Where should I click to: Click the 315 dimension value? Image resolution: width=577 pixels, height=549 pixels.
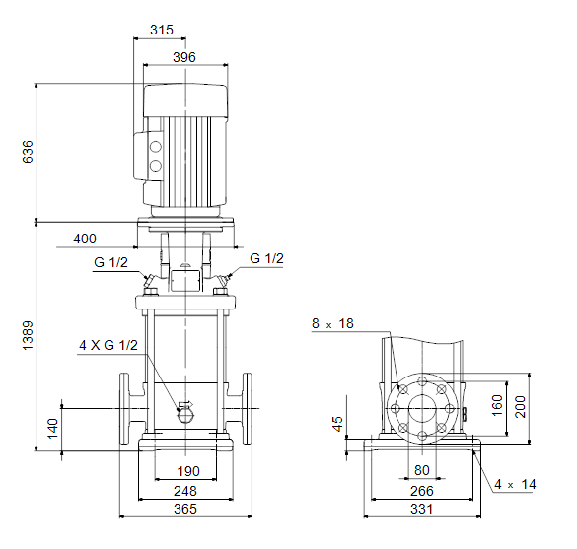tap(162, 30)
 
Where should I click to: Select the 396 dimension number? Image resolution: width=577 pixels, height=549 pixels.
tap(184, 57)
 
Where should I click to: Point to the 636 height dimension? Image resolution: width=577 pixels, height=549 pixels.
tap(28, 151)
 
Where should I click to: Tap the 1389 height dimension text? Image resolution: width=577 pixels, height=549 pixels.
tap(28, 335)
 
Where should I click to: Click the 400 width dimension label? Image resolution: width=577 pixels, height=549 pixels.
tap(85, 239)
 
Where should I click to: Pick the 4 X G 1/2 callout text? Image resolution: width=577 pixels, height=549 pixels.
tap(108, 345)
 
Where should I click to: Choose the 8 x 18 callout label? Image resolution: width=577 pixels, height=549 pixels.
tap(332, 323)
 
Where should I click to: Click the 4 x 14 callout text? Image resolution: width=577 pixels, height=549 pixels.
tap(515, 484)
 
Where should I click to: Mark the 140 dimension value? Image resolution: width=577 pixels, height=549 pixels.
tap(53, 429)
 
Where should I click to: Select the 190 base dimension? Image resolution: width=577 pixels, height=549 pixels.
tap(188, 471)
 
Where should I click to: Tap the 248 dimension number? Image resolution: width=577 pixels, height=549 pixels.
tap(185, 491)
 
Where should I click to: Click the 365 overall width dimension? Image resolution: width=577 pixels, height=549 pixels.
tap(185, 509)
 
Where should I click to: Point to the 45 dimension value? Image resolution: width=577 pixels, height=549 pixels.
tap(337, 424)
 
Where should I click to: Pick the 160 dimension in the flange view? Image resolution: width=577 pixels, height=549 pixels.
tap(497, 406)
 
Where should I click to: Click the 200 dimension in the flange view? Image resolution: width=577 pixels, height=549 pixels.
tap(521, 407)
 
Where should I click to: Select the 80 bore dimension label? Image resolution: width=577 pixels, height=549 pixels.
tap(422, 470)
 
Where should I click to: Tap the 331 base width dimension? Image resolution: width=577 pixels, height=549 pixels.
tap(422, 509)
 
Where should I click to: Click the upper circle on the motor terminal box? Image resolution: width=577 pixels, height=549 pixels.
tap(156, 147)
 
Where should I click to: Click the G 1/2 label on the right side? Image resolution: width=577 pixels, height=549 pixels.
tap(266, 258)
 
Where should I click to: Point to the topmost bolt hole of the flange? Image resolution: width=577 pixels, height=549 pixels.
tap(423, 381)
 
